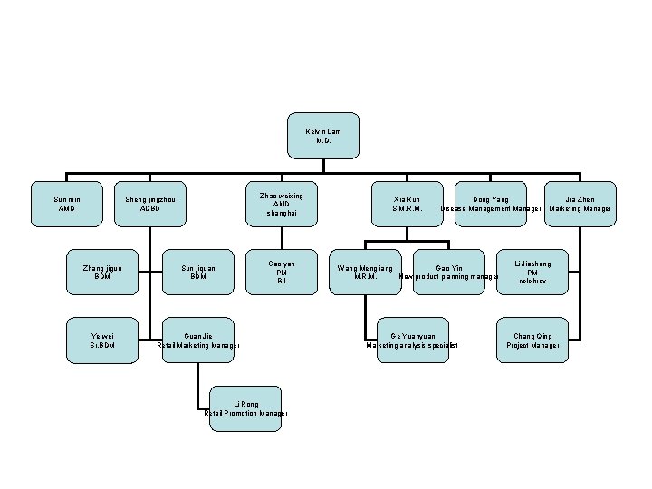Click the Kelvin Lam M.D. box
(x=324, y=136)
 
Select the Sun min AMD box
(x=65, y=204)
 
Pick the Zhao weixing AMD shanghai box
(x=282, y=204)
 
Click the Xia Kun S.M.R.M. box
(x=407, y=204)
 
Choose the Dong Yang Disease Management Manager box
(x=490, y=204)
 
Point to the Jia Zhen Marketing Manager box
(x=580, y=204)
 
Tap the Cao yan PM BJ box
(x=282, y=272)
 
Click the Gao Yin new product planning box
(x=448, y=272)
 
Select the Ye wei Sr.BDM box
(x=102, y=340)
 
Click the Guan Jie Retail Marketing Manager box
(x=198, y=340)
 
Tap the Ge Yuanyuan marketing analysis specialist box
(x=412, y=340)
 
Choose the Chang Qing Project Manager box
(x=532, y=340)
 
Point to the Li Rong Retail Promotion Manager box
(x=245, y=408)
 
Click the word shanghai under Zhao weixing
(x=282, y=214)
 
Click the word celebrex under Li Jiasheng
(x=532, y=282)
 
